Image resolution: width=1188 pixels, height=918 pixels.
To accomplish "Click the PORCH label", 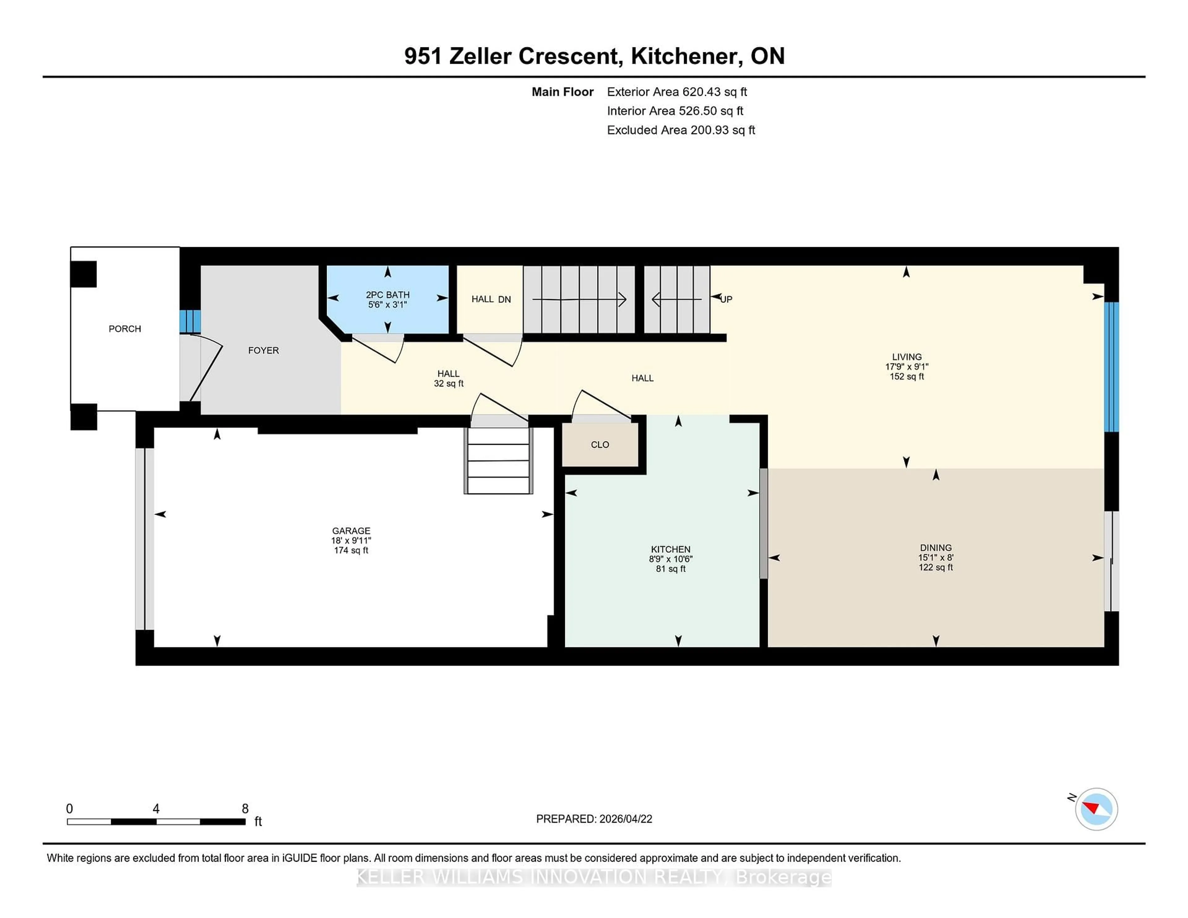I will [x=125, y=328].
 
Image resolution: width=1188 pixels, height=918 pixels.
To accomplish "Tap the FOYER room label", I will [x=263, y=350].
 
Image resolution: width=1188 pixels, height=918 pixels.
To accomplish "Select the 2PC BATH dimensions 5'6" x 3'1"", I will [x=387, y=305].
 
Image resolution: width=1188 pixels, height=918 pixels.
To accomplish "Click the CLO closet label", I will [x=600, y=444].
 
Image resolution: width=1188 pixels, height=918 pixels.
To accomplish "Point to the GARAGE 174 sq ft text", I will [x=351, y=550].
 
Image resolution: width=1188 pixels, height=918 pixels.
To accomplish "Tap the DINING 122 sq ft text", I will [x=936, y=567].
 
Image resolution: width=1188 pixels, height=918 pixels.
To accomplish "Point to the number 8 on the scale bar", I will [x=245, y=809].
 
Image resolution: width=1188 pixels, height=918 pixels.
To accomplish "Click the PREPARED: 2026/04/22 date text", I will [x=594, y=818].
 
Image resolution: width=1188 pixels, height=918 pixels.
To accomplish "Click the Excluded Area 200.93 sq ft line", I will [x=681, y=130].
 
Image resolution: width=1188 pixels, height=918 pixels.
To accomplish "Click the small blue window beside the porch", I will [x=190, y=321].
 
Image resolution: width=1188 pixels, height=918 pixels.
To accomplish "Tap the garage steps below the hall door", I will [x=498, y=461].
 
